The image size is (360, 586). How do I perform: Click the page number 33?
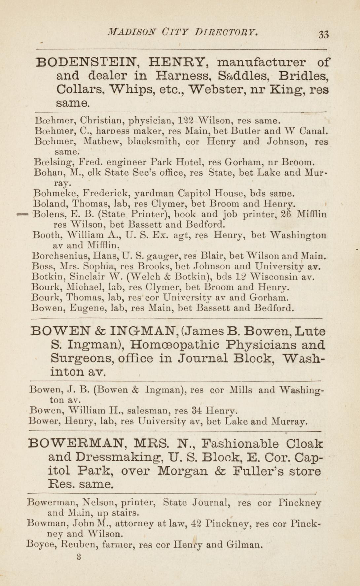pyautogui.click(x=324, y=34)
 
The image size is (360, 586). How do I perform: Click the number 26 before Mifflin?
pyautogui.click(x=285, y=214)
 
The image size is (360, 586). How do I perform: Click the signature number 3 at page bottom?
pyautogui.click(x=79, y=557)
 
